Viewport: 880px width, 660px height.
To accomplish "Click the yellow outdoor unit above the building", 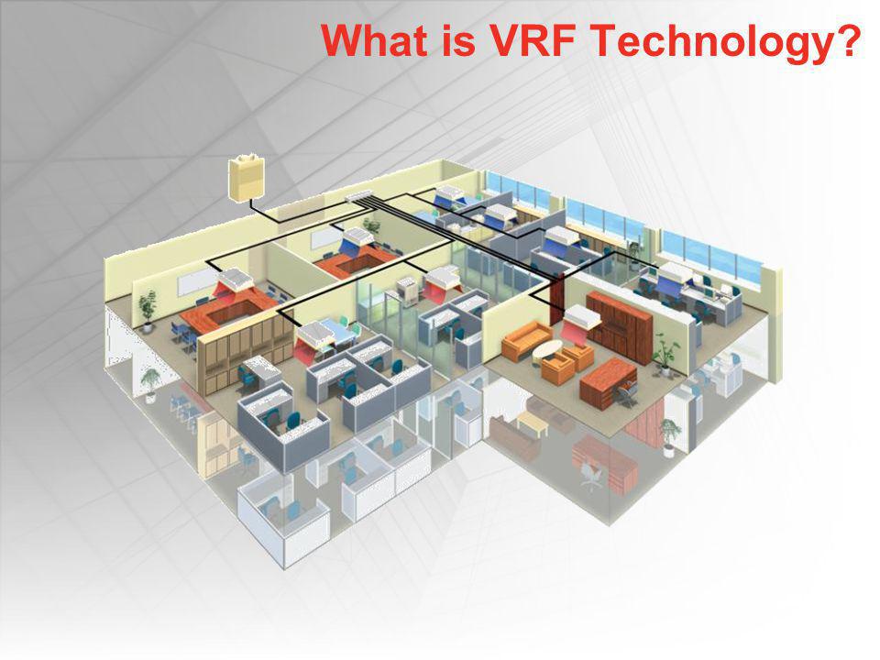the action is pyautogui.click(x=246, y=178).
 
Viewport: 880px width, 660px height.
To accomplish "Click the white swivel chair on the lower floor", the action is pyautogui.click(x=589, y=476).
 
